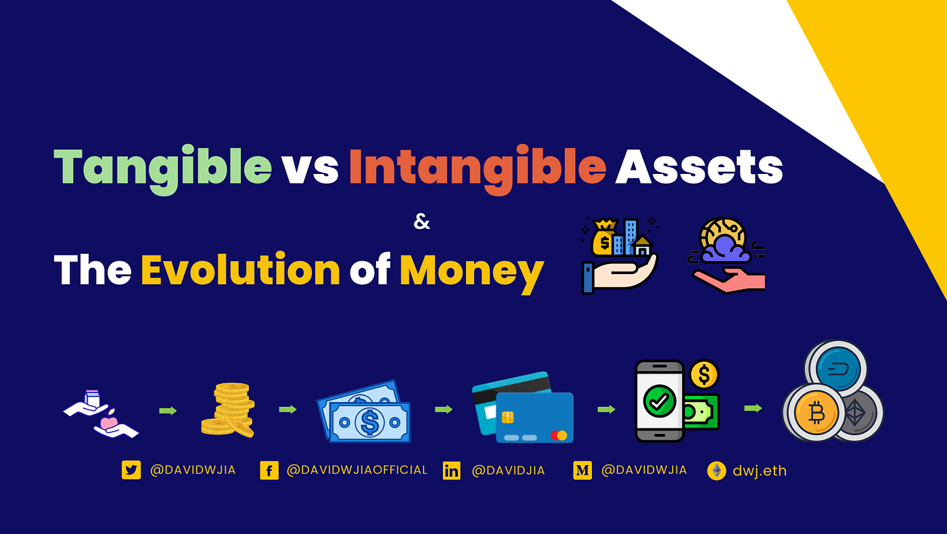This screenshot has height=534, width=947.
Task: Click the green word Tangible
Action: [162, 166]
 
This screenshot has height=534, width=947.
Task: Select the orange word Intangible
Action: [477, 166]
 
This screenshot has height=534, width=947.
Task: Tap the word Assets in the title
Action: [699, 166]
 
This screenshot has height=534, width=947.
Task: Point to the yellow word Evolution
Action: [240, 269]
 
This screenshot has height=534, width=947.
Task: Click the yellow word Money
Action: [471, 269]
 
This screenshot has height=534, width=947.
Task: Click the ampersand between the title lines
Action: [421, 222]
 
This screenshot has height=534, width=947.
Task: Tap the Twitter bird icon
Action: [131, 470]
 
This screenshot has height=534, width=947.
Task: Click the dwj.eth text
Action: [760, 470]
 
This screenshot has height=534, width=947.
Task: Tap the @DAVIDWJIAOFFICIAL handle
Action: [357, 470]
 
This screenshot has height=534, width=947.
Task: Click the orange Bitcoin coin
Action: [815, 413]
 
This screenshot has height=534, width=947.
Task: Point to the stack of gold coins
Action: [229, 409]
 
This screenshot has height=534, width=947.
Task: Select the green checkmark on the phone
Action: [655, 401]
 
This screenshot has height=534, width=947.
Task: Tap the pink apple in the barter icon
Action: [108, 423]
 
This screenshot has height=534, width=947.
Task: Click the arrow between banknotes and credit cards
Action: [444, 409]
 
